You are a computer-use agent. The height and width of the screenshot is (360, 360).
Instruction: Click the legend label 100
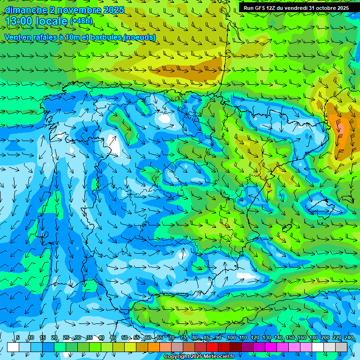(231, 338)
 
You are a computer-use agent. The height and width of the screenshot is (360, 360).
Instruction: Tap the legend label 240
(349, 338)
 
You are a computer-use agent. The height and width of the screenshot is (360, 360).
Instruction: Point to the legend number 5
(18, 338)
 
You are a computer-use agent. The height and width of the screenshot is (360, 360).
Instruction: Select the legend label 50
(125, 338)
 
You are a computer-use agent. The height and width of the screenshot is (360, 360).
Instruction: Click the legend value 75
(183, 338)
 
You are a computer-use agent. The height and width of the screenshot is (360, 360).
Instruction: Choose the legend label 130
(266, 338)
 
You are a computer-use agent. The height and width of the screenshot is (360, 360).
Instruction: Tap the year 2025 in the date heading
(114, 10)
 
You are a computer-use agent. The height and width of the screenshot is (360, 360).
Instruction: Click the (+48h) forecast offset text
(81, 21)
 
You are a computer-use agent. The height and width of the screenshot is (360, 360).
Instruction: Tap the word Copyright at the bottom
(178, 357)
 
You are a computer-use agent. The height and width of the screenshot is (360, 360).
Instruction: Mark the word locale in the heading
(53, 21)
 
